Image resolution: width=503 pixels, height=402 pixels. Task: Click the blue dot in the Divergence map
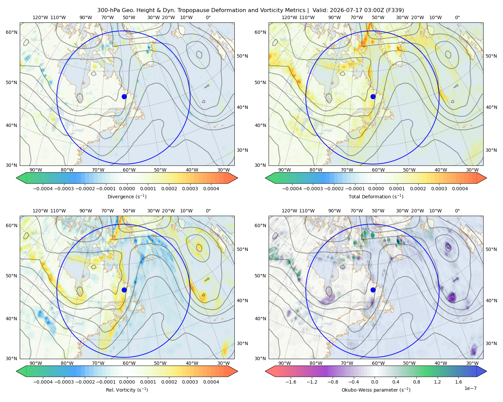pyautogui.click(x=124, y=96)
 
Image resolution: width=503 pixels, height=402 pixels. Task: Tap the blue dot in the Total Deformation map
pyautogui.click(x=373, y=96)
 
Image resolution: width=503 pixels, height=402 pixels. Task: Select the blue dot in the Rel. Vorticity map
pyautogui.click(x=124, y=290)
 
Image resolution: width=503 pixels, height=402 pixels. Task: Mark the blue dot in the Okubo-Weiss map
pyautogui.click(x=373, y=290)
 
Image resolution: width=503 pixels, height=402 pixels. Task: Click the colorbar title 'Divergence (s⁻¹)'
pyautogui.click(x=127, y=197)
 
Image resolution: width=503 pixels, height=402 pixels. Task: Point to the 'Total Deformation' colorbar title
pyautogui.click(x=376, y=197)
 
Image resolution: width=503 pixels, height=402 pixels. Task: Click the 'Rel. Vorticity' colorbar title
pyautogui.click(x=127, y=390)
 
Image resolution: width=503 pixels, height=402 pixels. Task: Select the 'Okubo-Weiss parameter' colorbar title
pyautogui.click(x=376, y=390)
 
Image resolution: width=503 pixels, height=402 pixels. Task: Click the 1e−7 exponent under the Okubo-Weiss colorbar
pyautogui.click(x=470, y=389)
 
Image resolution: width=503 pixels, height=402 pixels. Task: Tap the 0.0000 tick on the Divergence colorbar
pyautogui.click(x=127, y=189)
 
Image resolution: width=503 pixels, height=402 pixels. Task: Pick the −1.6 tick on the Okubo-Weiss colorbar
pyautogui.click(x=291, y=382)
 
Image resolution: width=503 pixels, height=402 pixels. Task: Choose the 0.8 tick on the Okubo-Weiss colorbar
pyautogui.click(x=416, y=382)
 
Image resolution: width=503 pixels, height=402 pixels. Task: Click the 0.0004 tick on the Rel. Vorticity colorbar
pyautogui.click(x=211, y=382)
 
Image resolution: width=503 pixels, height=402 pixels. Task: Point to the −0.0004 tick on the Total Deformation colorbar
pyautogui.click(x=292, y=189)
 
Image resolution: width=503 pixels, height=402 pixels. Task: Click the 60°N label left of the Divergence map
pyautogui.click(x=11, y=32)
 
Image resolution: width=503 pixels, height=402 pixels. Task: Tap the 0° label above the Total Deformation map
pyautogui.click(x=457, y=17)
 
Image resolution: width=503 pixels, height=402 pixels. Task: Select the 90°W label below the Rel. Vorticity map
pyautogui.click(x=36, y=363)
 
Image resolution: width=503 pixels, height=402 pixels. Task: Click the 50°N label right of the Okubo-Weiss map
pyautogui.click(x=491, y=249)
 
